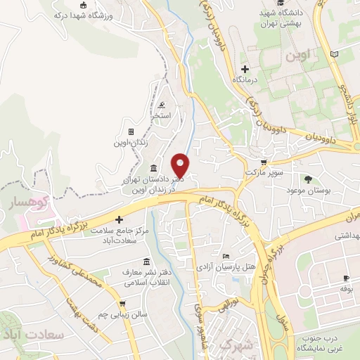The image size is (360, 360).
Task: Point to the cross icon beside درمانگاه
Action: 245,68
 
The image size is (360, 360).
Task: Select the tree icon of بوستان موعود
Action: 308,179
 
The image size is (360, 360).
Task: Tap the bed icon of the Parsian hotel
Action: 225,257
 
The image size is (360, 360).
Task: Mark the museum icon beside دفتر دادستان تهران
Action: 154,168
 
